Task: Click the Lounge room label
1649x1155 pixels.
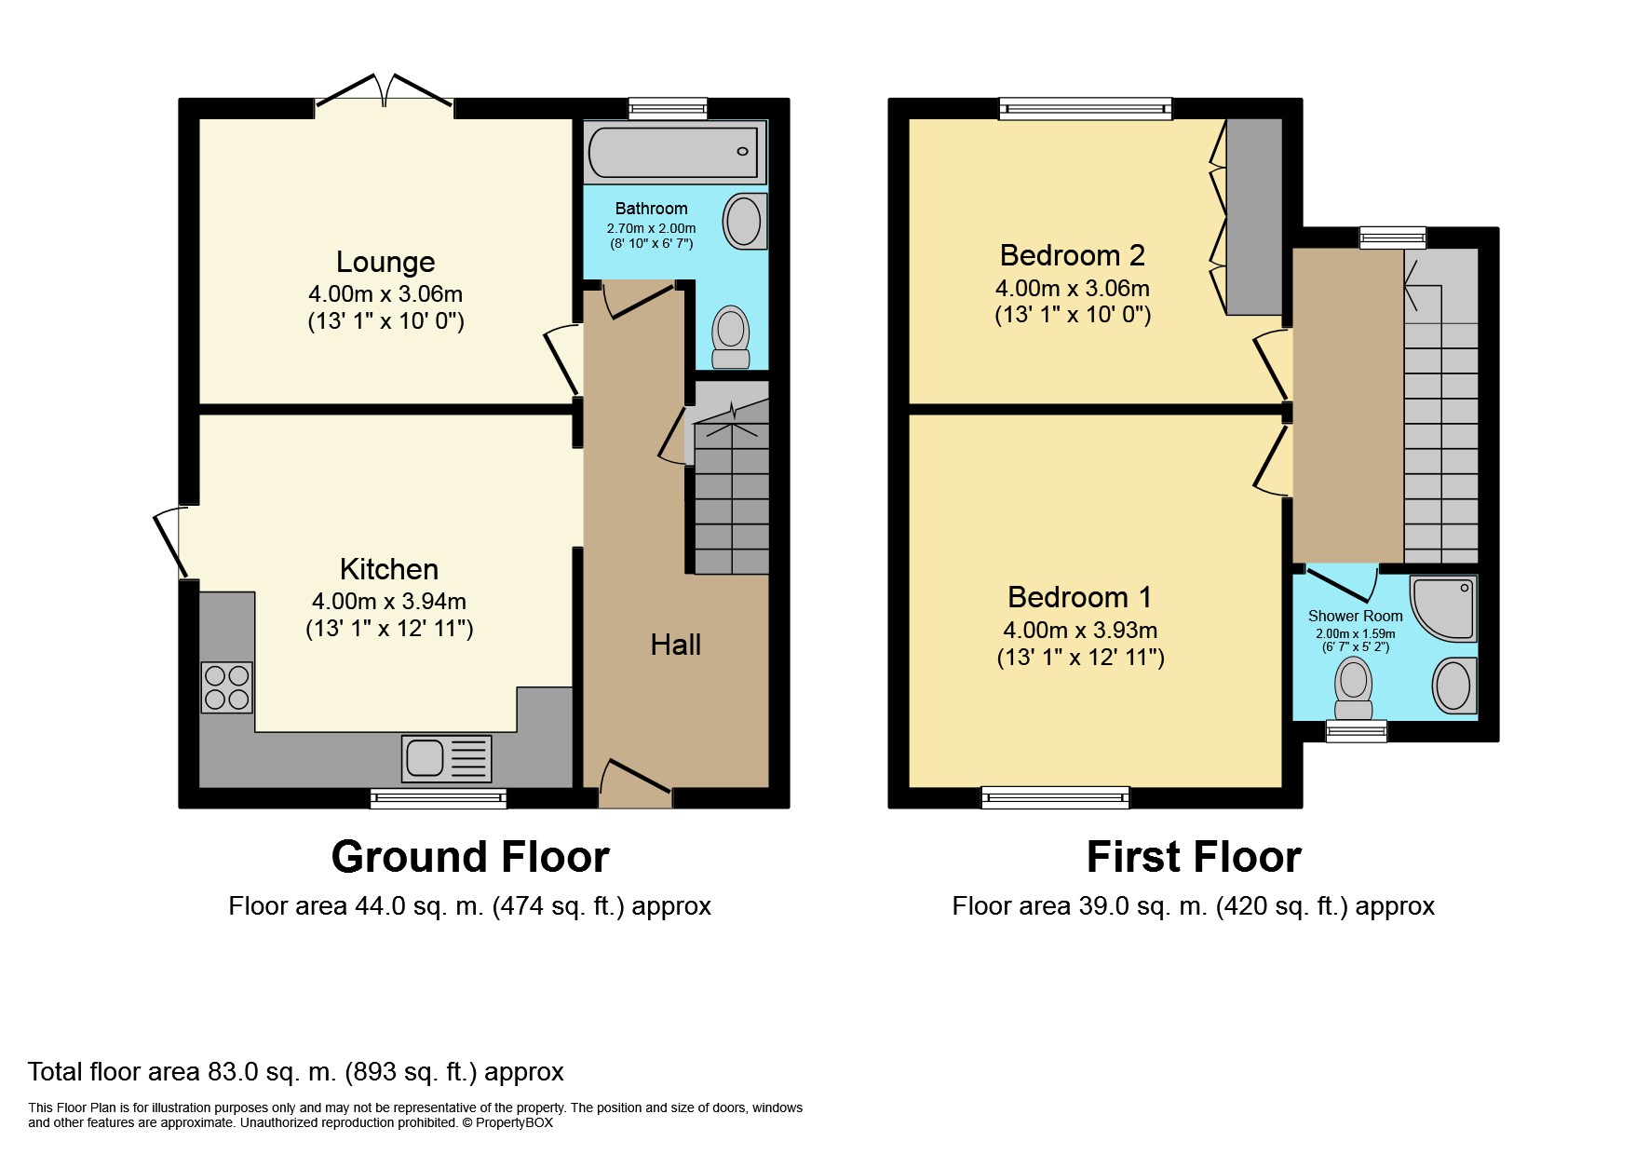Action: [x=385, y=262]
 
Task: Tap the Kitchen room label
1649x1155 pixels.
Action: [x=388, y=569]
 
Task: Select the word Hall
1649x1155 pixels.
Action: [x=675, y=645]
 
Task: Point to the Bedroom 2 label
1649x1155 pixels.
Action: [x=1073, y=254]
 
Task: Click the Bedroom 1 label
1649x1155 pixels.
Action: [x=1080, y=596]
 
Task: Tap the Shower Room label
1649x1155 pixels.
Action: [x=1355, y=616]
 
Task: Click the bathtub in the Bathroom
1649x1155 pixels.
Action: [x=673, y=151]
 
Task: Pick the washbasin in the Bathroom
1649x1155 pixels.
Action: [x=744, y=221]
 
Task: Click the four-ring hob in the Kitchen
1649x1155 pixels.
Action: [x=226, y=687]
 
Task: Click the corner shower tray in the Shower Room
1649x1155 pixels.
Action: [x=1443, y=607]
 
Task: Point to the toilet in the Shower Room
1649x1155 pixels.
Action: [x=1354, y=688]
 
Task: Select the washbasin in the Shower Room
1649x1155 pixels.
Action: [x=1453, y=686]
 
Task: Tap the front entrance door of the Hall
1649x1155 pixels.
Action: [x=635, y=783]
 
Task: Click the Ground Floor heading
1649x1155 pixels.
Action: [x=470, y=857]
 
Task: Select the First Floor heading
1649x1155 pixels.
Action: [x=1194, y=857]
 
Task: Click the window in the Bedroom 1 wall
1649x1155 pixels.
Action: [x=1055, y=796]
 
